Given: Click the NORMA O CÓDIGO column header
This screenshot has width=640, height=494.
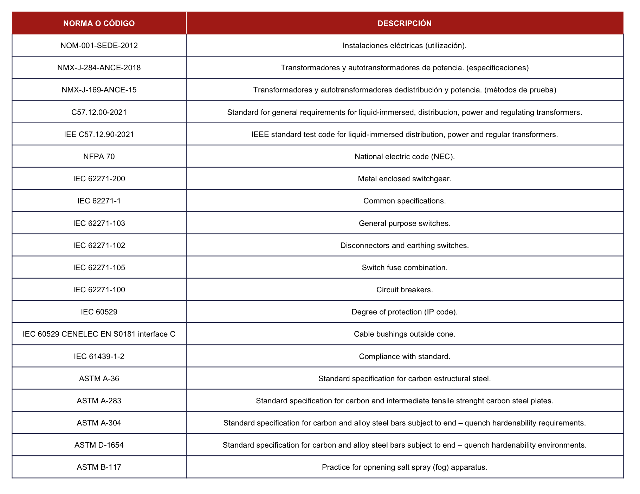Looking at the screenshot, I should point(99,23).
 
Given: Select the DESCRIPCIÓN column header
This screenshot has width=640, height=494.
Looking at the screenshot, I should point(404,23).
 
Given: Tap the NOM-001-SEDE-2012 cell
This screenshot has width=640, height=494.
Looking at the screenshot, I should point(99,45).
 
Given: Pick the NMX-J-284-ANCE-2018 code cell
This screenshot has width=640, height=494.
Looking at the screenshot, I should point(99,67).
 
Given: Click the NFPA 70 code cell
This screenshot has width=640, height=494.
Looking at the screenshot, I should point(99,156).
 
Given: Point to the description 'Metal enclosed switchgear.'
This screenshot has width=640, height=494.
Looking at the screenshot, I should point(404,178).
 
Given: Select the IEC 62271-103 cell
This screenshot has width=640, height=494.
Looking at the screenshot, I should point(99,223).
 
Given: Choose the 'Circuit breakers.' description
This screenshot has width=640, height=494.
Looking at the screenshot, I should point(404,290).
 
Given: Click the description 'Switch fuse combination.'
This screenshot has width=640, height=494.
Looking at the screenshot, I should point(404,267).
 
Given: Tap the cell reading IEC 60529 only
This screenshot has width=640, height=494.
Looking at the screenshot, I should point(99,312).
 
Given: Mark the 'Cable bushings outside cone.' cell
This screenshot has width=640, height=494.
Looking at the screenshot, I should point(404,334).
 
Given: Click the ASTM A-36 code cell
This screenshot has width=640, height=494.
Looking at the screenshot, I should point(99,378).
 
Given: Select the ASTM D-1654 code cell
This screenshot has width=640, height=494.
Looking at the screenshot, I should point(99,445).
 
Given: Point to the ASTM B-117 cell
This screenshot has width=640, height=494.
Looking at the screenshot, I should point(99,467).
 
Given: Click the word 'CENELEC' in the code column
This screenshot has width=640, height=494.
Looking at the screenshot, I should point(79,334).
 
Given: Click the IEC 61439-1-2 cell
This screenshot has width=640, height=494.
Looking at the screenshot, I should point(99,356).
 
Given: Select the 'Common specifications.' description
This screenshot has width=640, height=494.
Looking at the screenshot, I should point(404,201).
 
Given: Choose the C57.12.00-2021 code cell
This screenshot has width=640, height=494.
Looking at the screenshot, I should point(99,112).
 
